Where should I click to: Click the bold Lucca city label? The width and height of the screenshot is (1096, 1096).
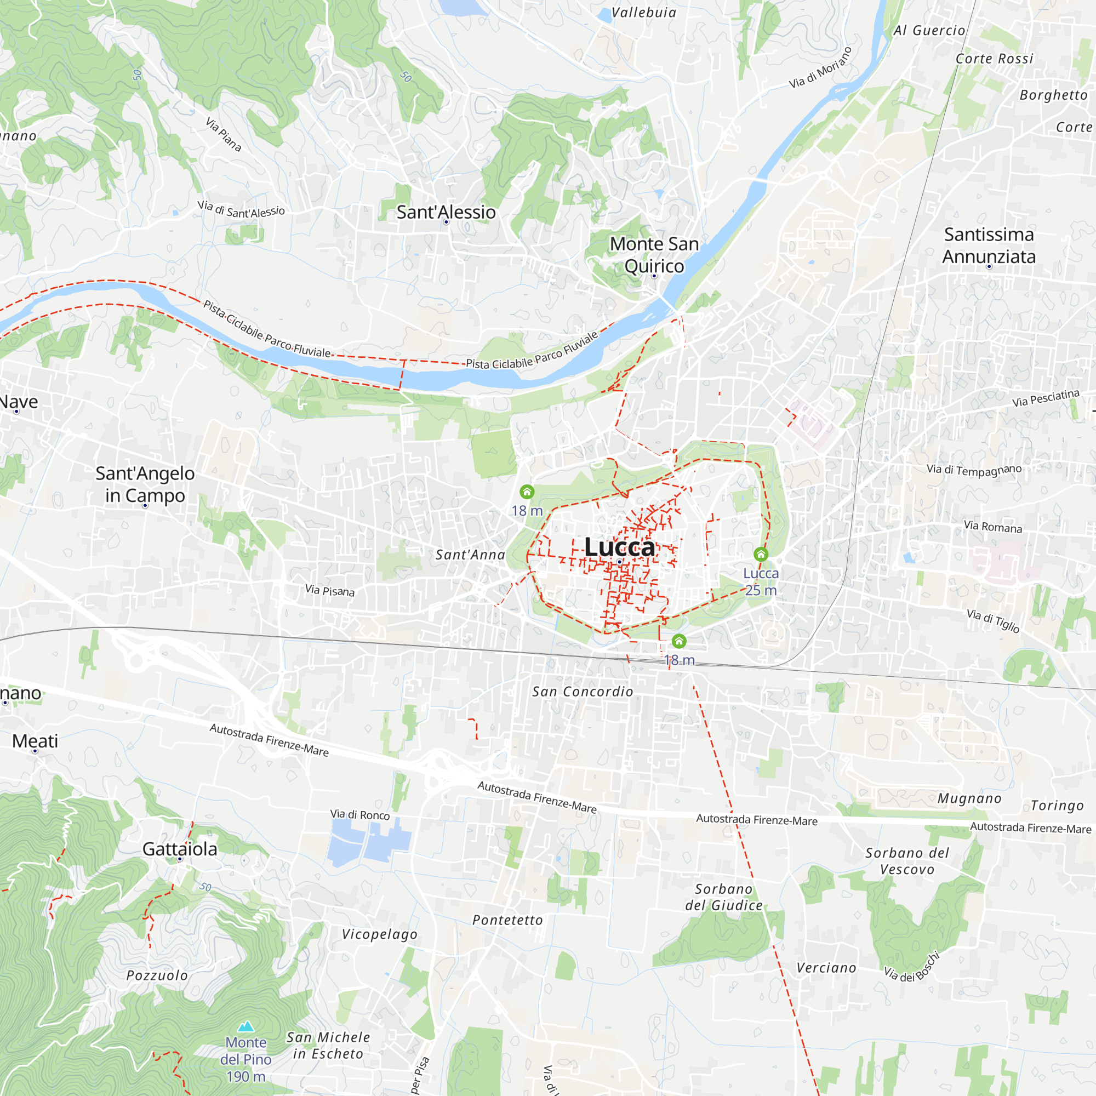tap(619, 547)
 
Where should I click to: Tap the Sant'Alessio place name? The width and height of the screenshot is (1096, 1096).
tap(446, 212)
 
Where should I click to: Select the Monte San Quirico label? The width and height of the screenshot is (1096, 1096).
tap(654, 255)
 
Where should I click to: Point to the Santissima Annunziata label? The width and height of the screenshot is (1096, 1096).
tap(989, 245)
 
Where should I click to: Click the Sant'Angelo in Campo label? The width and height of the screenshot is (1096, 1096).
tap(145, 484)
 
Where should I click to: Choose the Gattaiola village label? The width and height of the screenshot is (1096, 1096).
tap(180, 849)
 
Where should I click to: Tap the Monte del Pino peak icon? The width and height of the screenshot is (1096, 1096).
tap(246, 1026)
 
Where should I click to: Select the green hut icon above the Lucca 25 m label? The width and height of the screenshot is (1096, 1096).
tap(761, 553)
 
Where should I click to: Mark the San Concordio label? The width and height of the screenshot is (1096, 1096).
tap(583, 692)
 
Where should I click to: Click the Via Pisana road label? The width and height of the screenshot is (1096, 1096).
tap(329, 591)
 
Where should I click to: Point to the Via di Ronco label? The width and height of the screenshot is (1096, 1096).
tap(359, 815)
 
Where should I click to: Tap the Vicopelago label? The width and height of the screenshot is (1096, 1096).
tap(380, 934)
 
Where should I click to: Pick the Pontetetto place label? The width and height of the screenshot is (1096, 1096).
tap(508, 920)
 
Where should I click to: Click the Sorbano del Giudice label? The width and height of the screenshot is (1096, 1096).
tap(724, 897)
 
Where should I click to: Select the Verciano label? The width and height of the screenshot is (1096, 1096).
tap(826, 968)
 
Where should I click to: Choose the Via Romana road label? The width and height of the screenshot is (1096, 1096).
tap(993, 527)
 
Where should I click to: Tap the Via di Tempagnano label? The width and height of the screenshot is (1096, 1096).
tap(974, 470)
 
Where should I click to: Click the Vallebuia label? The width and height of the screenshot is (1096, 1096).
tap(644, 13)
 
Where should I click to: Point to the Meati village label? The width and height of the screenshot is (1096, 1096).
tap(35, 741)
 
